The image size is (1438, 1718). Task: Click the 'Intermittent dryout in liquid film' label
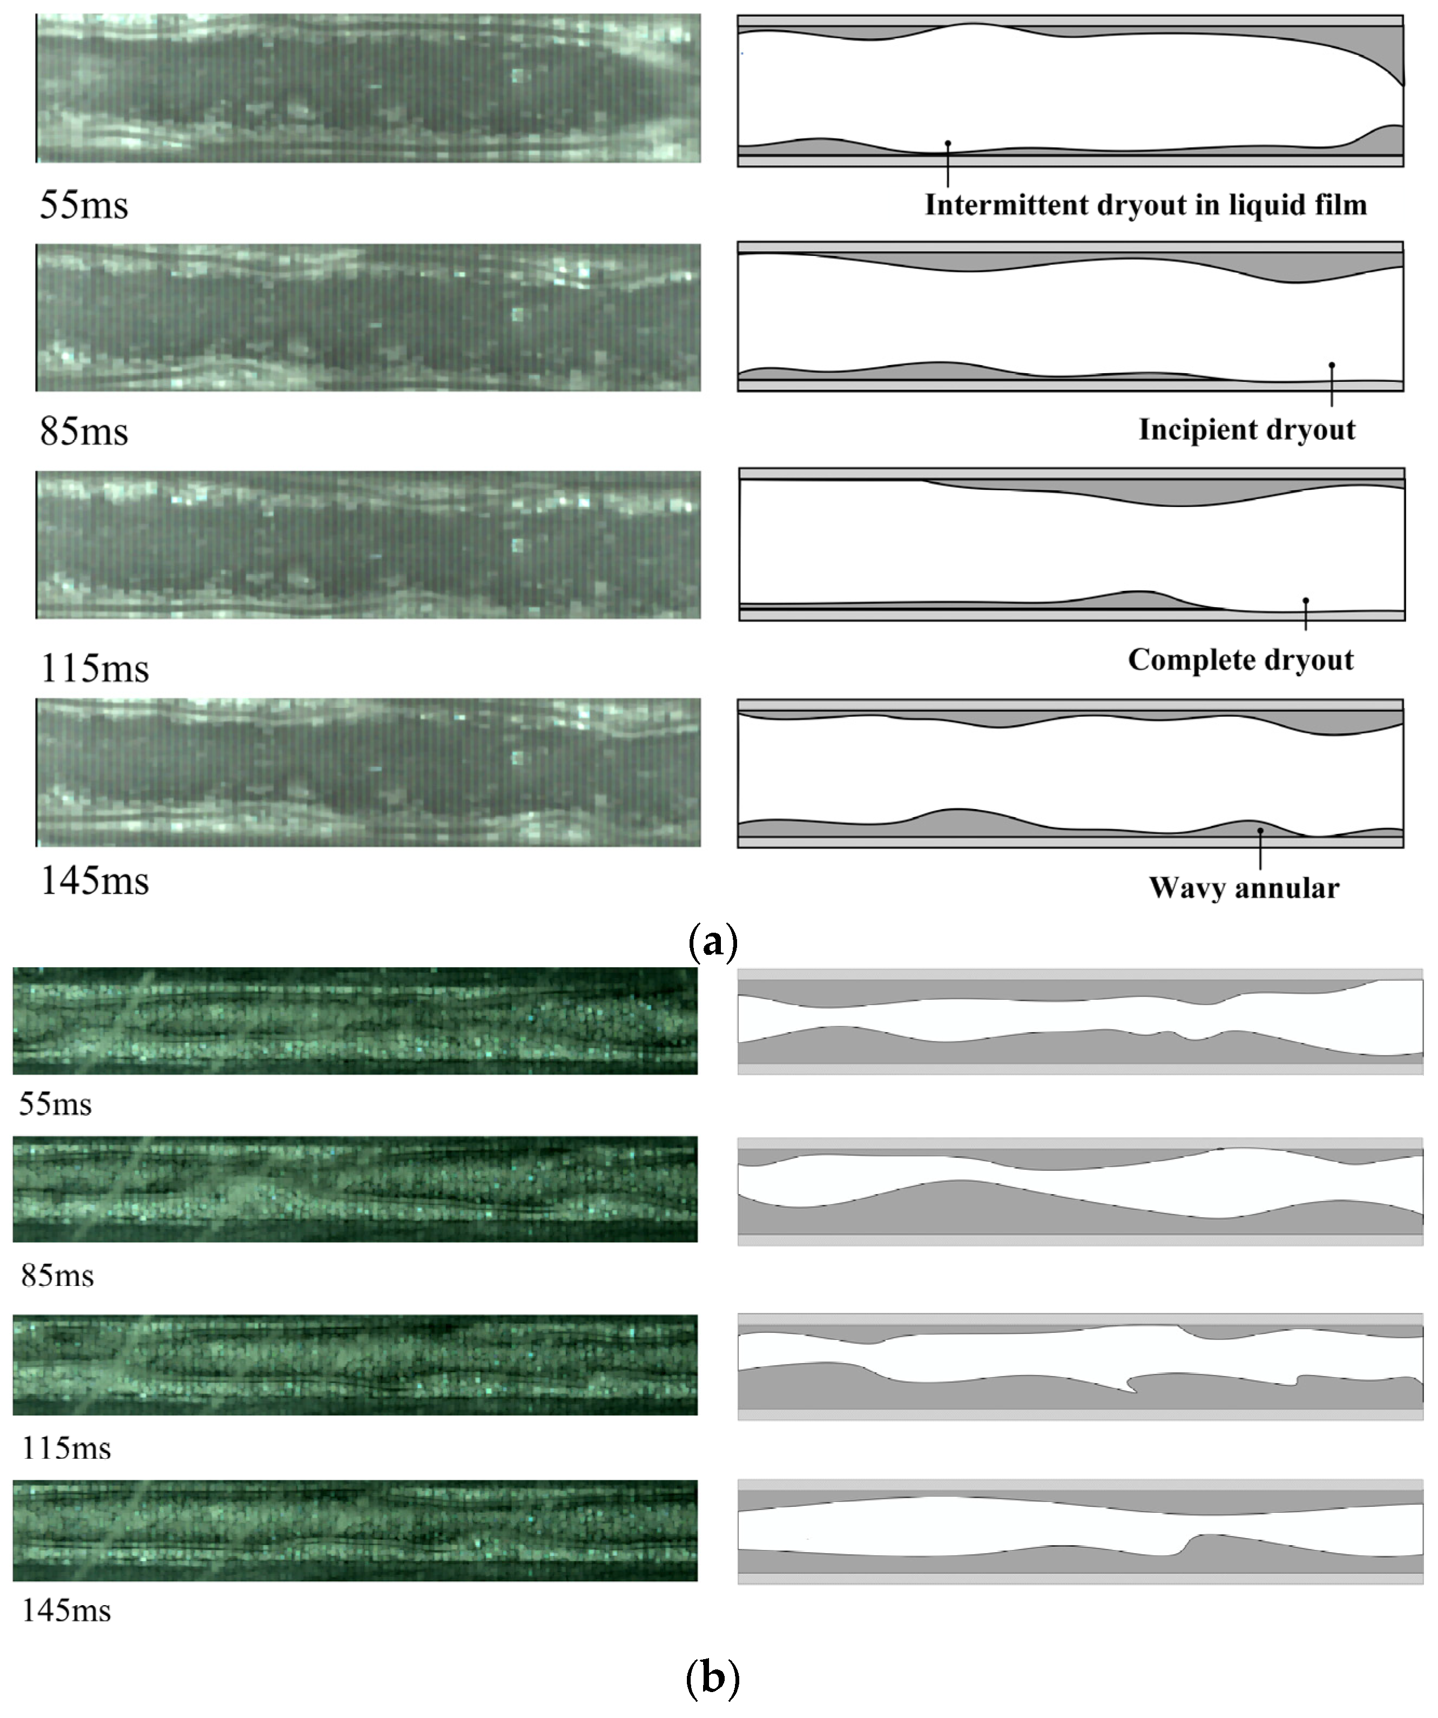[x=1145, y=205]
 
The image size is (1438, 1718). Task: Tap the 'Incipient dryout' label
[x=1247, y=429]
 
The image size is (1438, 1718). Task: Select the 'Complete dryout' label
[x=1240, y=659]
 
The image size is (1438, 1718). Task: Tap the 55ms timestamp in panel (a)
[x=84, y=205]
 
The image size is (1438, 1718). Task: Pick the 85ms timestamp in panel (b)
[x=57, y=1276]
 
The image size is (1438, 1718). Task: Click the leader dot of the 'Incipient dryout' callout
[x=1332, y=365]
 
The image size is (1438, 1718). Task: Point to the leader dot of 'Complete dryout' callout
[x=1306, y=601]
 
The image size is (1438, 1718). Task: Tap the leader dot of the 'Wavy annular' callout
[x=1260, y=830]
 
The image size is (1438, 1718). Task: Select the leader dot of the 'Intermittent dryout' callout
[x=948, y=143]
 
